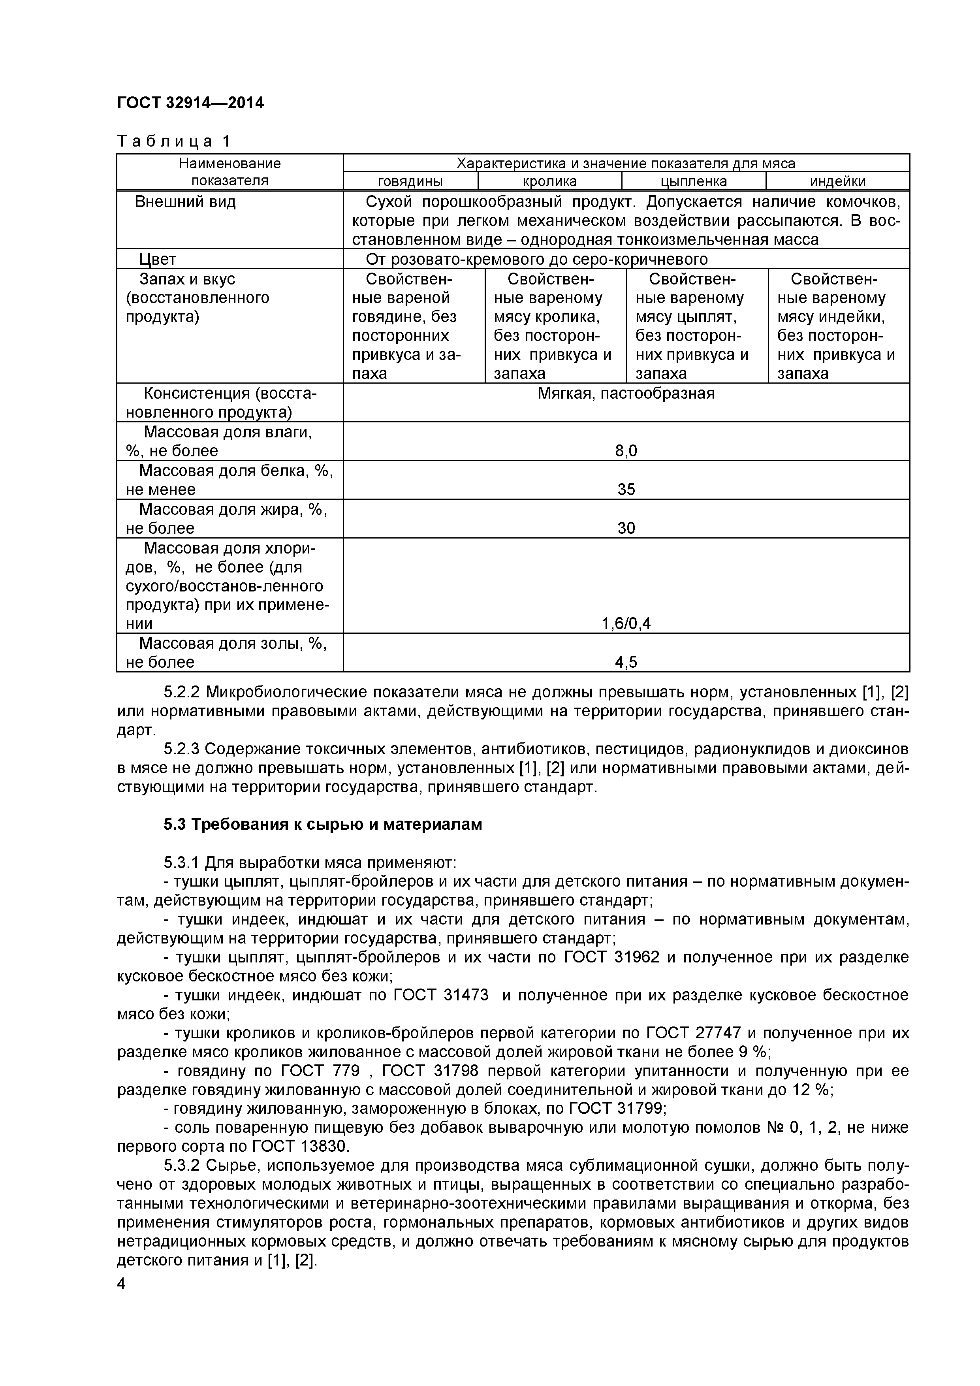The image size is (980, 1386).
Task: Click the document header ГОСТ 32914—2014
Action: point(190,103)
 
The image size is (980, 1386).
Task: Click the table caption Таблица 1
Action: point(173,141)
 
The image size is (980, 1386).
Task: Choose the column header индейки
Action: point(837,181)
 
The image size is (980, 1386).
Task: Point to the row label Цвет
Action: point(158,260)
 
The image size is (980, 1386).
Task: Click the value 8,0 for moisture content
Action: point(626,451)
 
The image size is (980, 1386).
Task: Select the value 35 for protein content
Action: point(626,490)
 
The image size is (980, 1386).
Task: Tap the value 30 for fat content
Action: point(626,528)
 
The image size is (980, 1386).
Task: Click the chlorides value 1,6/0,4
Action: point(626,623)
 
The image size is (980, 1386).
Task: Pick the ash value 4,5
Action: point(626,662)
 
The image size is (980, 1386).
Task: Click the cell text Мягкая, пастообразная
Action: point(626,394)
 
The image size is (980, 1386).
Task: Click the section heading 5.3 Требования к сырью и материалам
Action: point(323,824)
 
